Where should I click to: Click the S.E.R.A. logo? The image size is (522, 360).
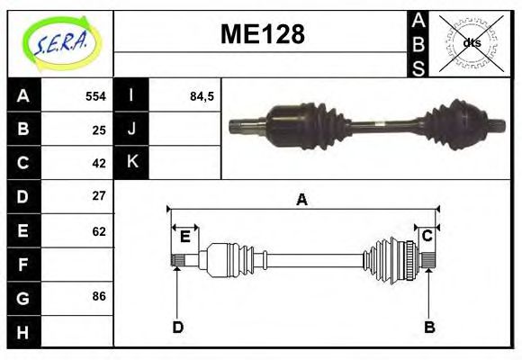click(59, 43)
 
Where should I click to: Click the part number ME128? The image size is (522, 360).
click(262, 35)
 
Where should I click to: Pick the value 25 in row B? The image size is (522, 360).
click(99, 130)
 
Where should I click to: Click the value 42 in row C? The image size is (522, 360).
click(99, 163)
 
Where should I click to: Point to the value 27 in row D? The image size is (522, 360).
click(99, 196)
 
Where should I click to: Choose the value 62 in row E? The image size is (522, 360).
click(99, 231)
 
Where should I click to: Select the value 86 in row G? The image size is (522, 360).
click(99, 295)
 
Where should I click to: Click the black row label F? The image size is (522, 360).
click(22, 264)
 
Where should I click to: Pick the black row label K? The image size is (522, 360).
click(132, 162)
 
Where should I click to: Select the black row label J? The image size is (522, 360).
click(132, 129)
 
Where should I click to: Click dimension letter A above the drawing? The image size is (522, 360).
click(301, 200)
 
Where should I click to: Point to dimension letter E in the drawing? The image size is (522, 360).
click(184, 237)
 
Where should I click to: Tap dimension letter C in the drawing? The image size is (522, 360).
click(427, 236)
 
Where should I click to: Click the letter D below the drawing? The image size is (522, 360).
click(177, 328)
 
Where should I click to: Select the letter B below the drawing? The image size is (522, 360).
click(429, 328)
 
